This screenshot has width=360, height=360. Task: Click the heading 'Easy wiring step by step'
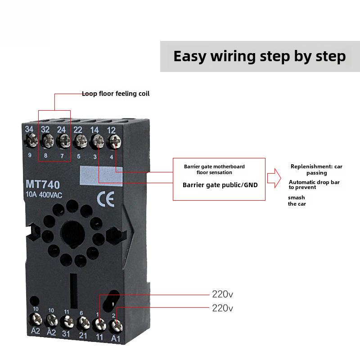coord(260,57)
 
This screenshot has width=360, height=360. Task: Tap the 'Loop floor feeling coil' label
coord(116,94)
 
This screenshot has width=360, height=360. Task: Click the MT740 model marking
coord(43,184)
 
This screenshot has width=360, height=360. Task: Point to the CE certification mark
coord(105,199)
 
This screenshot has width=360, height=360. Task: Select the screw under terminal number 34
coord(31,140)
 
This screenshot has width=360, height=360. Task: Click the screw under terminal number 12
coord(115,142)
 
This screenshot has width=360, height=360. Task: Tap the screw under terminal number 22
coord(81,141)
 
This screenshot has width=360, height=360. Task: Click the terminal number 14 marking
coord(94,130)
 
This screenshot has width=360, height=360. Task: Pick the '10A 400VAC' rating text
coord(44,195)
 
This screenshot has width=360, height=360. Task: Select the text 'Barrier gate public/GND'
coord(220,185)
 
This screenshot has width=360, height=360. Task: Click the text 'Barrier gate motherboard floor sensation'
coord(214,170)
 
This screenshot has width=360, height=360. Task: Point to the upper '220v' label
coord(222,294)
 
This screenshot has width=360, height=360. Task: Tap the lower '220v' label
coord(222,308)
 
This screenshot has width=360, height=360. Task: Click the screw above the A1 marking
coord(117,326)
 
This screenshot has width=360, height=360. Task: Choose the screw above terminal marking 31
coord(67,321)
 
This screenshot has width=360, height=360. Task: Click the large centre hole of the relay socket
coord(73,234)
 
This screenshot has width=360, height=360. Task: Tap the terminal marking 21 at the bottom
coord(83,335)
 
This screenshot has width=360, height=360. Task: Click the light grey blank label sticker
coord(101,175)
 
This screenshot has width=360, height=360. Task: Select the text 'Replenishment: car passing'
coord(316,170)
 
